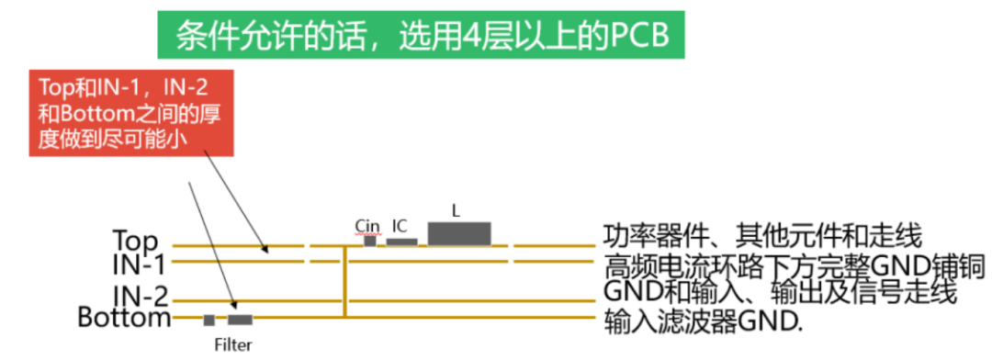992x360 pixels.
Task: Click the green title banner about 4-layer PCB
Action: coord(421,35)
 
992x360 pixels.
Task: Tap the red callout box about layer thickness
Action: coord(131,113)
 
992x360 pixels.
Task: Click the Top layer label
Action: coord(135,241)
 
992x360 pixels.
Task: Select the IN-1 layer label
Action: coord(139,264)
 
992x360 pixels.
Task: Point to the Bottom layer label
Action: coord(124,318)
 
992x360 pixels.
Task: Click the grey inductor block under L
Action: coord(459,233)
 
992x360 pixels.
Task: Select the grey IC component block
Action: coord(401,242)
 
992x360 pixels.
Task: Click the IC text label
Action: coord(400,225)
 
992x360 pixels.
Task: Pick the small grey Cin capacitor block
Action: coord(369,241)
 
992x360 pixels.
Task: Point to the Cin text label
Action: coord(367,225)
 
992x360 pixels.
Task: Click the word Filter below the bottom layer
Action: coord(232,345)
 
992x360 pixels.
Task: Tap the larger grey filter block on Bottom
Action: coord(241,321)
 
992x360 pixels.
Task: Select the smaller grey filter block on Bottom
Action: coord(209,321)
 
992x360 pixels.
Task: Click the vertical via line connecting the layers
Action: coord(344,281)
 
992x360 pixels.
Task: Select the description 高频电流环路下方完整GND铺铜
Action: coord(794,265)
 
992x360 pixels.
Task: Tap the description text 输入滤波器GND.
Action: coord(702,322)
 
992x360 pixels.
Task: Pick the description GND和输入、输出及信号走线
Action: coord(780,292)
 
